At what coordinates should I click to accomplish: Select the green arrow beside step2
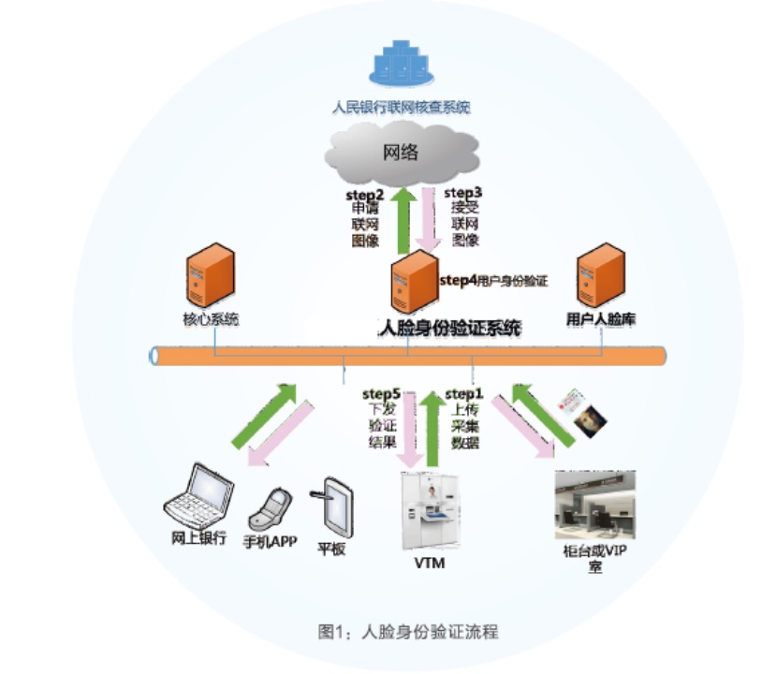pos(403,220)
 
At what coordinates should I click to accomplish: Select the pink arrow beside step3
pos(430,218)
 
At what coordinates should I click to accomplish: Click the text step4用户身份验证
pos(492,279)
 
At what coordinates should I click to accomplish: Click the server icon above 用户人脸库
pos(600,271)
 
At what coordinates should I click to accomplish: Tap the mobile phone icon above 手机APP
pos(266,510)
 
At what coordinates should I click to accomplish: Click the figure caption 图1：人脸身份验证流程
pos(408,631)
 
